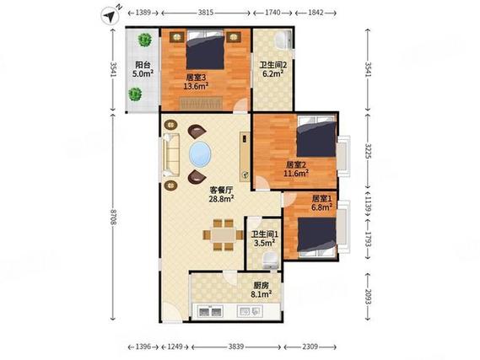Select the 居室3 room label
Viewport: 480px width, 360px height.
[196, 75]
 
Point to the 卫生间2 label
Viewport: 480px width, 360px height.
[272, 65]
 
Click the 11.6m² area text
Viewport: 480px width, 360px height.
[296, 174]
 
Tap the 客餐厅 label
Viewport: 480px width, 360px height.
[221, 190]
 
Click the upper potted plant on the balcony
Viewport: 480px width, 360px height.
[146, 40]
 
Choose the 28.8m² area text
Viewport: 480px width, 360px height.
[221, 201]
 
